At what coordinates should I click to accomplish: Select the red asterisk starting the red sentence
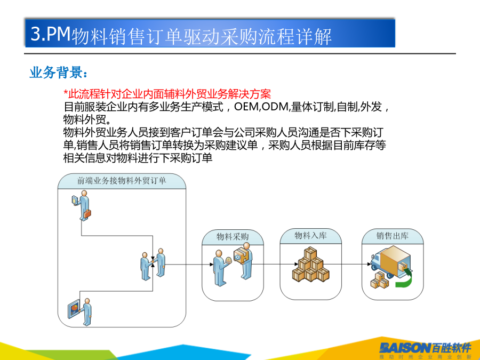pos(66,92)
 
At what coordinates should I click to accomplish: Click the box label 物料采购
pos(233,237)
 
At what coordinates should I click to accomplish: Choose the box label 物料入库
pos(311,235)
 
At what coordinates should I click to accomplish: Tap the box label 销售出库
pos(393,236)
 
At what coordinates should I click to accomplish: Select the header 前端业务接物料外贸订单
pos(122,181)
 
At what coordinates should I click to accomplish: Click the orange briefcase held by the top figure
pos(87,214)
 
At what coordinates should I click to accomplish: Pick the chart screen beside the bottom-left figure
pos(74,309)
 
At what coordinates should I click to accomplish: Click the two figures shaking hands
pos(153,264)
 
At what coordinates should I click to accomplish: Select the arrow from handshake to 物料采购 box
pos(189,264)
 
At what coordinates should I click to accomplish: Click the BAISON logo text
pos(405,348)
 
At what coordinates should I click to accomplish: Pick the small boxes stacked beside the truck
pos(380,280)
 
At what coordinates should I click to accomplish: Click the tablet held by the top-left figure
pos(75,200)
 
